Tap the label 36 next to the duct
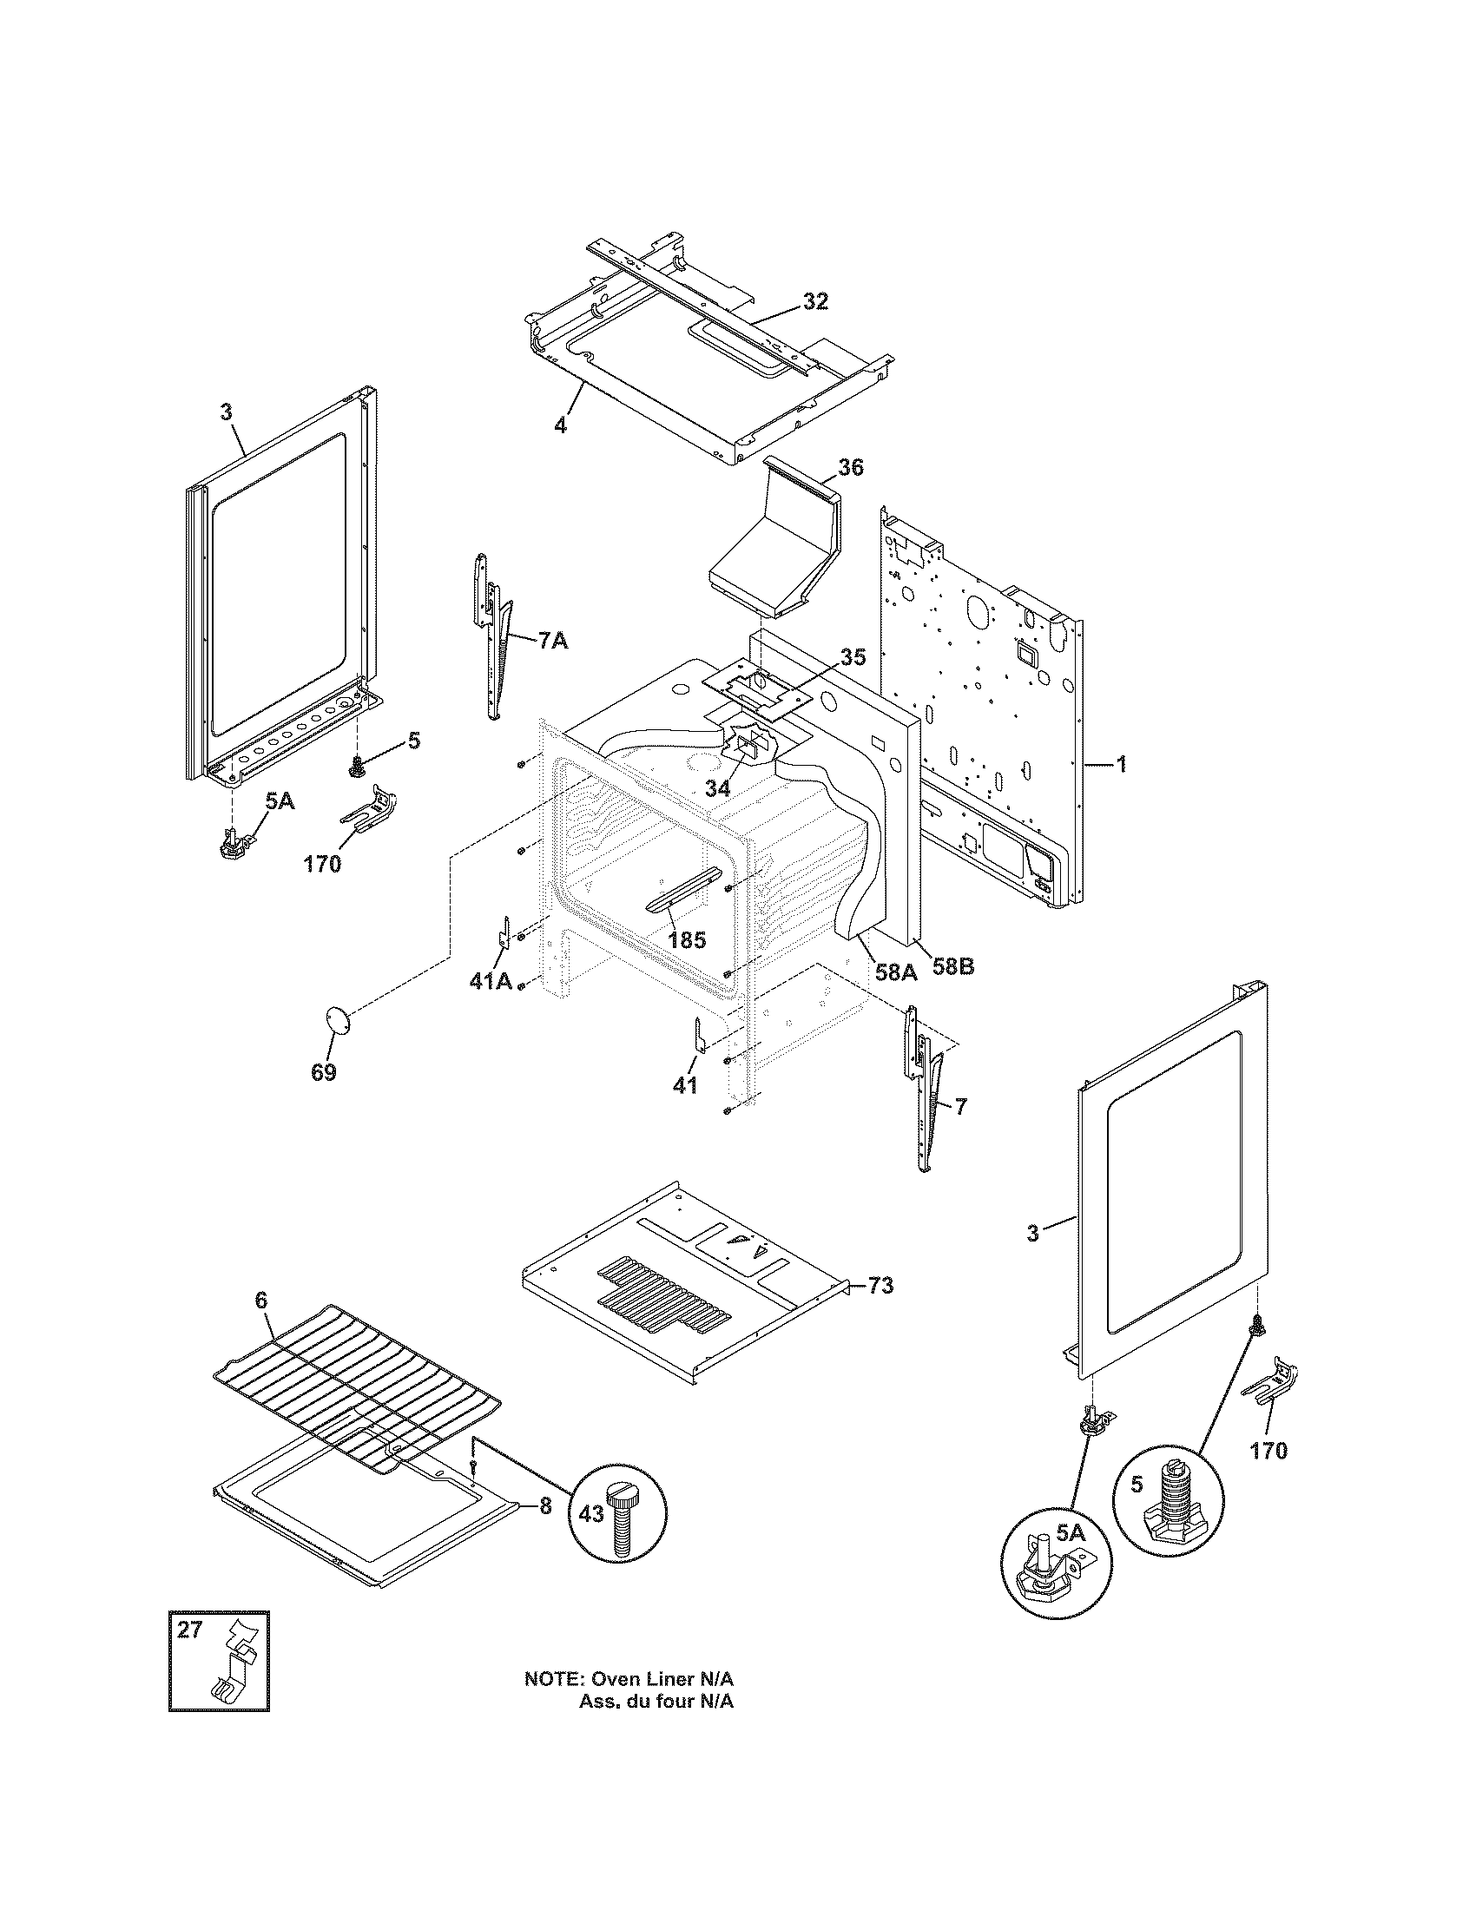(850, 468)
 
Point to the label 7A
(550, 641)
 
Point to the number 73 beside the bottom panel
(880, 1286)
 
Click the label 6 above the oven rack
(260, 1325)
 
